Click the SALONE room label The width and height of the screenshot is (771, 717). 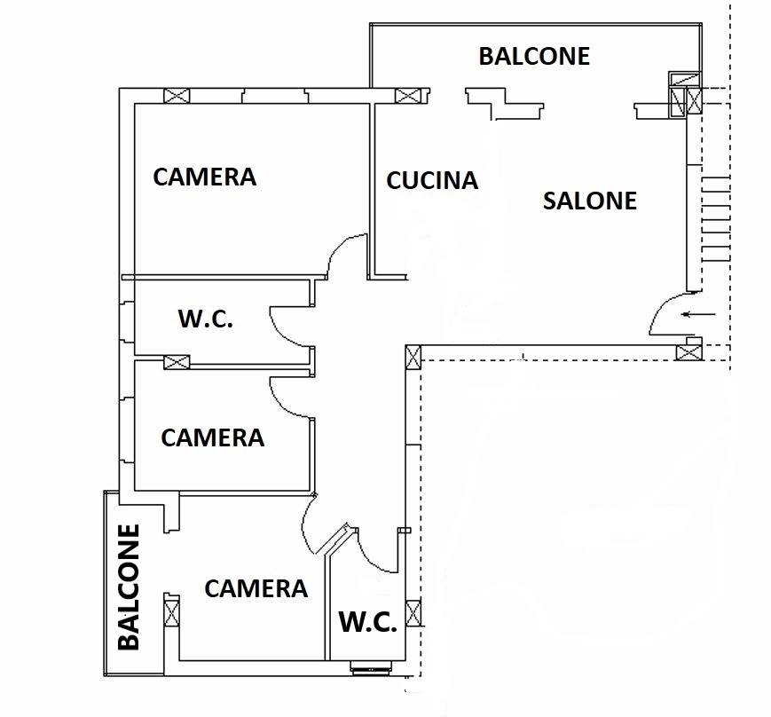[589, 201]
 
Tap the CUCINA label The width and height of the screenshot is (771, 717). [432, 180]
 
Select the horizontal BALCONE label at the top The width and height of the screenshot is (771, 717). [534, 56]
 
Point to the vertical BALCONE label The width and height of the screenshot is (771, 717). [129, 587]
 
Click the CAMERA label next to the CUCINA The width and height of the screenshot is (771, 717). [205, 177]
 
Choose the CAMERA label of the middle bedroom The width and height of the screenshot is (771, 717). [212, 437]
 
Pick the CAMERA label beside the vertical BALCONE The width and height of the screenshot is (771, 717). [256, 588]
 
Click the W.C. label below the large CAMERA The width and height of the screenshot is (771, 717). [205, 319]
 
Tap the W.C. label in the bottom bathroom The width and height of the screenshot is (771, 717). [368, 622]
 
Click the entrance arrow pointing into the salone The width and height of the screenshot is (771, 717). [699, 314]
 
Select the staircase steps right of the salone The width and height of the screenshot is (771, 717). [716, 218]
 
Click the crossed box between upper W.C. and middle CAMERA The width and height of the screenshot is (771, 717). [177, 362]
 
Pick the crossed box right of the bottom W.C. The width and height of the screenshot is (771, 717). [413, 613]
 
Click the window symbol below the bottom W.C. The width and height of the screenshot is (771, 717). [371, 668]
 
